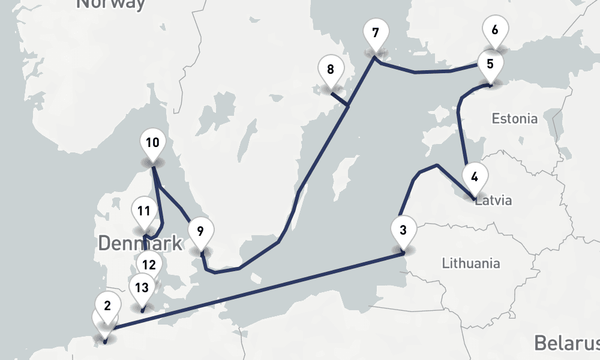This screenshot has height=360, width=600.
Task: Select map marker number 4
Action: tap(475, 178)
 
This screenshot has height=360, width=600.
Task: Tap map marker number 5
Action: tap(490, 64)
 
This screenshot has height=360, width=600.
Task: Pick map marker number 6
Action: tap(495, 30)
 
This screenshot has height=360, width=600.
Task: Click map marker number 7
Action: tap(376, 34)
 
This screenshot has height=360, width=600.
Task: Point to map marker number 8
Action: tap(331, 70)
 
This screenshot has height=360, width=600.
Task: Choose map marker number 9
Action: tap(200, 231)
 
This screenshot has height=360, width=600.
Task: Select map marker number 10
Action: tap(152, 143)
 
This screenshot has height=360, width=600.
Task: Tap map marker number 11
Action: tap(143, 211)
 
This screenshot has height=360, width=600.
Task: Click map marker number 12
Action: tap(149, 264)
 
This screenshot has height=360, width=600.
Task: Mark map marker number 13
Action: tap(142, 287)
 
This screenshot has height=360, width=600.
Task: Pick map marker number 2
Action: tap(107, 306)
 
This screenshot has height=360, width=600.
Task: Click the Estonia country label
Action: tap(514, 118)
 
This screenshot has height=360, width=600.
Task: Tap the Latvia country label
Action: tap(494, 200)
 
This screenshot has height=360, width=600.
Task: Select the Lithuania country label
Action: tap(470, 263)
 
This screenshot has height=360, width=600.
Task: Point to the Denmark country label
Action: tap(140, 244)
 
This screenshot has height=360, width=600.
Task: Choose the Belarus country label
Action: tap(566, 343)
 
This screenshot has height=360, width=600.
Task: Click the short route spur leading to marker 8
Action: tap(340, 100)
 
